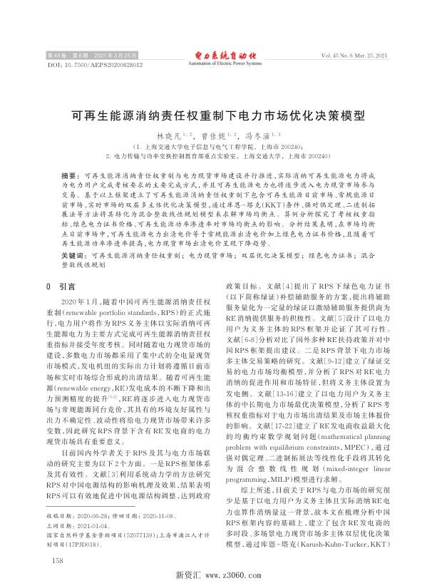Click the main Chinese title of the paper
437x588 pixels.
click(218, 113)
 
